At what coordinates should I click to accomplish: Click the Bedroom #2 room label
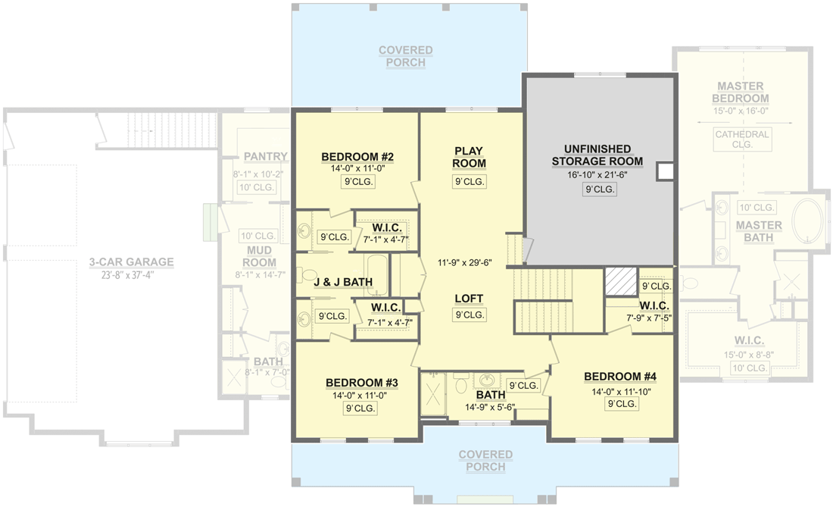click(357, 157)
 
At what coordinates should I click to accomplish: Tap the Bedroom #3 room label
click(361, 383)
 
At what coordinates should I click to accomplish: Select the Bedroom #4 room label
click(619, 377)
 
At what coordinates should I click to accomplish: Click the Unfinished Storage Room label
click(597, 155)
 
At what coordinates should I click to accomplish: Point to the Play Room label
click(469, 157)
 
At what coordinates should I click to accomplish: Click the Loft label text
click(469, 298)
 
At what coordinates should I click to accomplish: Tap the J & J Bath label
click(343, 282)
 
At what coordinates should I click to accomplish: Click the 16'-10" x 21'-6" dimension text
click(598, 174)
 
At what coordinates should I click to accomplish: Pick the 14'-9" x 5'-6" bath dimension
click(490, 407)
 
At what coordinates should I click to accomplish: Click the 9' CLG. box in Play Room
click(469, 182)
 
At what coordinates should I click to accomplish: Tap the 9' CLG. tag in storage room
click(599, 189)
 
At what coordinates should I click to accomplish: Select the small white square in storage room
click(664, 172)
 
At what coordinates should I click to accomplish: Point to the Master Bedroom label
click(741, 92)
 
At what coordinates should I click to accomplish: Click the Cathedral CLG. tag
click(741, 139)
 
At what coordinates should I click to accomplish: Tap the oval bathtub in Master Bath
click(809, 221)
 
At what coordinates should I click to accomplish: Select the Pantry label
click(266, 157)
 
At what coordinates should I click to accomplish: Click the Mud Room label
click(260, 257)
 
